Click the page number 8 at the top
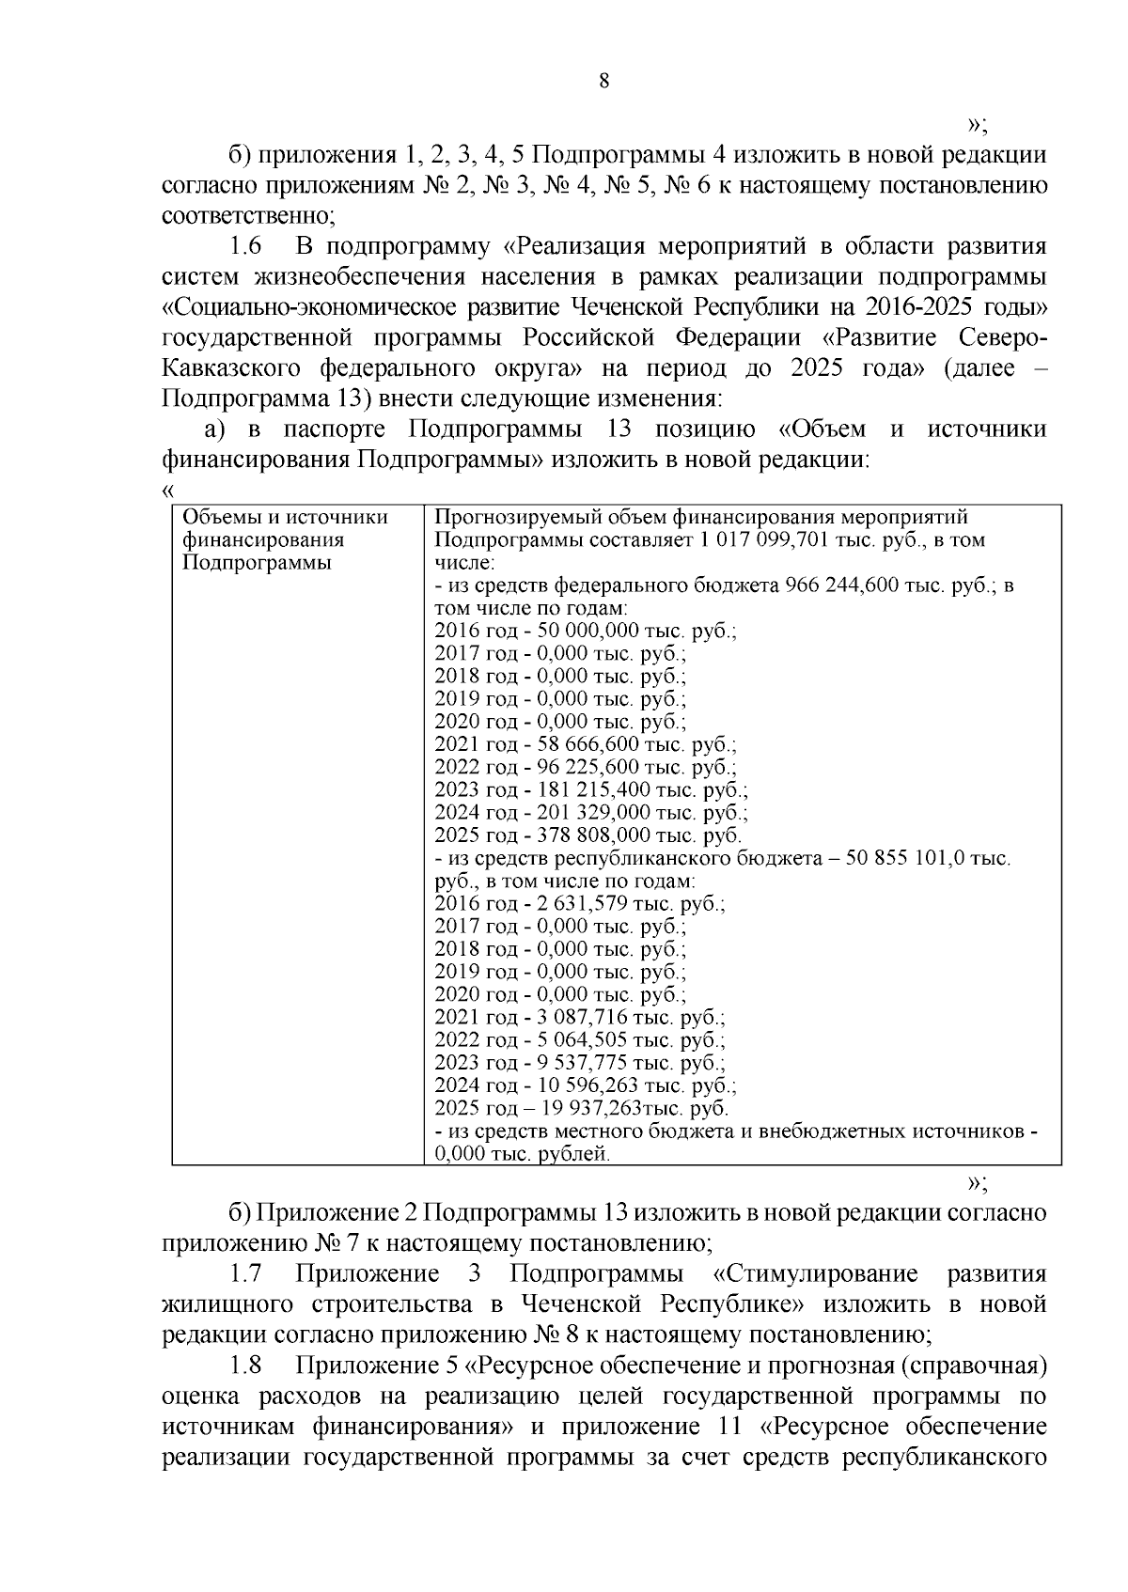tap(604, 82)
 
